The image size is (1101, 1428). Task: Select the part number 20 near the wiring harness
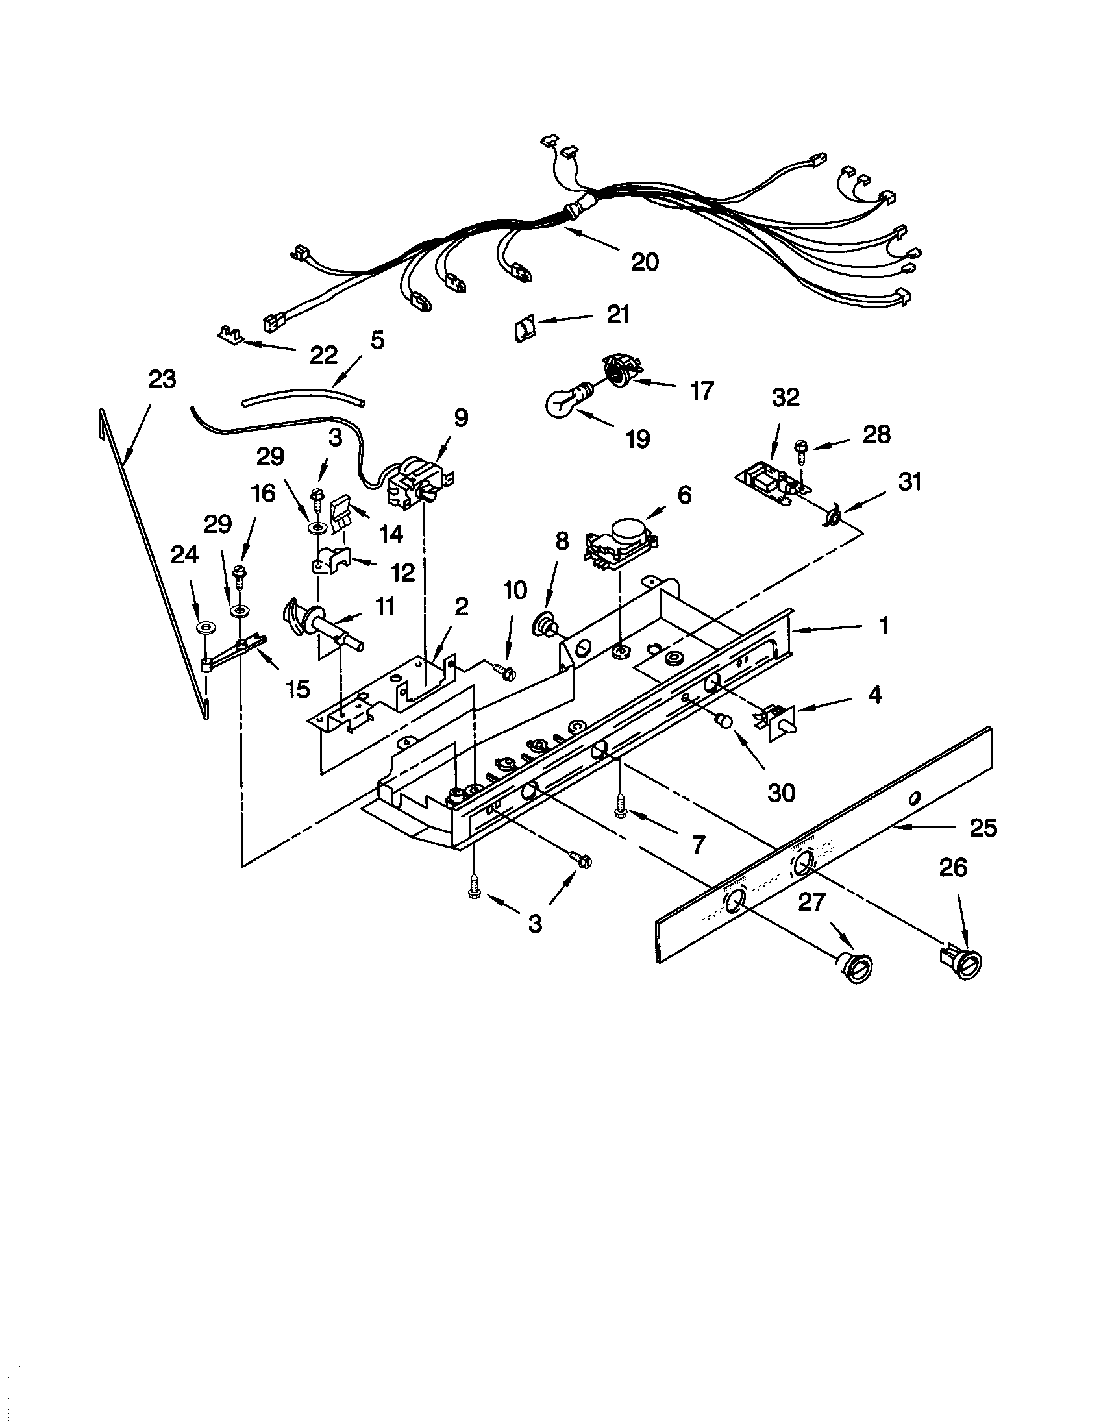645,262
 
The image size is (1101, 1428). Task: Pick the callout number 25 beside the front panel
983,828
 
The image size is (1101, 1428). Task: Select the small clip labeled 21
522,326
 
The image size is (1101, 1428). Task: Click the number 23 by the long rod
162,378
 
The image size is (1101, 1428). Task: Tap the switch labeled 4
777,719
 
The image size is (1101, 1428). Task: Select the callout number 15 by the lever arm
297,689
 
